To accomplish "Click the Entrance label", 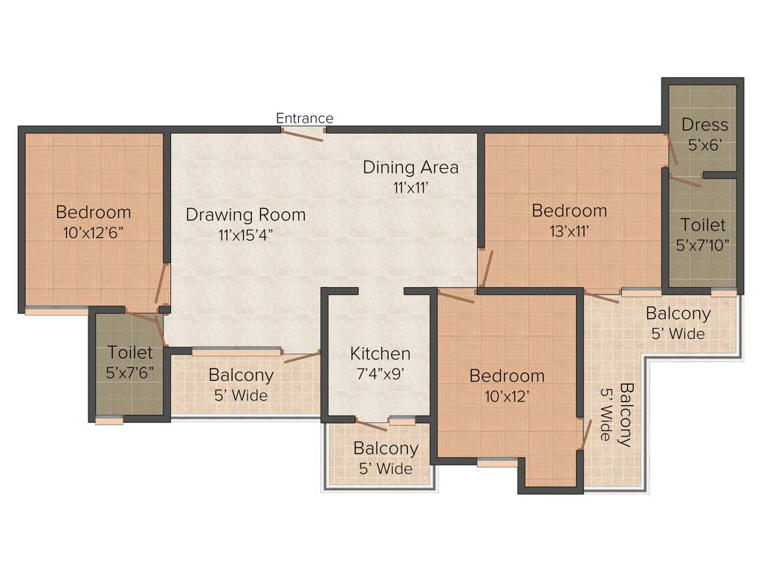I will tap(305, 118).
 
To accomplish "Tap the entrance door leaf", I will tap(302, 136).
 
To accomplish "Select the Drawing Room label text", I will tap(245, 215).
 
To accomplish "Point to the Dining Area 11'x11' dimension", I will tap(410, 187).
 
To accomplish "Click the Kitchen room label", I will tap(380, 353).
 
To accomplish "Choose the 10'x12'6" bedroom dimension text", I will tap(94, 232).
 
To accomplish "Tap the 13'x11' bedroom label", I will tap(569, 230).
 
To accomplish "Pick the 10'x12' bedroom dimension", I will tap(507, 396).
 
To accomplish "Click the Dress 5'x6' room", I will tap(705, 134).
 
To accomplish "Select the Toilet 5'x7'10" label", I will tap(703, 233).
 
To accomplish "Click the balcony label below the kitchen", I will tap(386, 458).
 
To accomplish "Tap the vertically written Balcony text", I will tap(619, 415).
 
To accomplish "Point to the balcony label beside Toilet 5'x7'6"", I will tap(241, 384).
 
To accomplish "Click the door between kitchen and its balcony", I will tap(371, 425).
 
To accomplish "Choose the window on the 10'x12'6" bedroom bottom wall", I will tap(56, 311).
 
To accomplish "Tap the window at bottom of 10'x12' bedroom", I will tap(497, 462).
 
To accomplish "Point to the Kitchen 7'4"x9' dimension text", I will tap(380, 374).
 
